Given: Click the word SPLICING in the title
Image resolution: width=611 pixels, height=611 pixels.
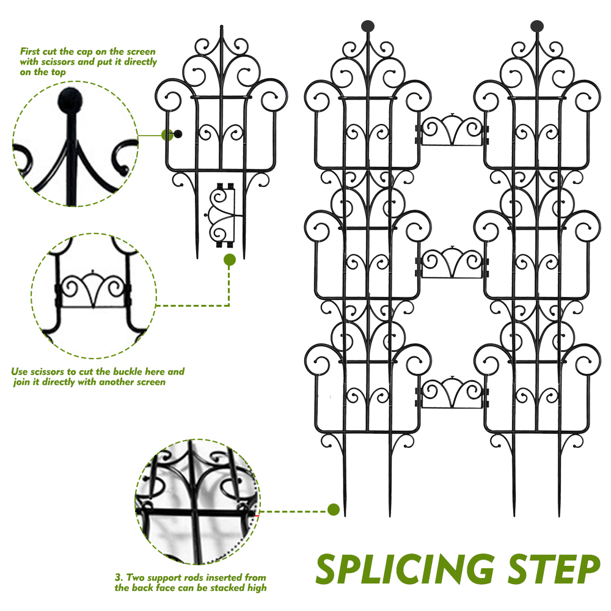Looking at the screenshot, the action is pos(405,569).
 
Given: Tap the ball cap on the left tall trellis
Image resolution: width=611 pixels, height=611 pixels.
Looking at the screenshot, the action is pos(368,26).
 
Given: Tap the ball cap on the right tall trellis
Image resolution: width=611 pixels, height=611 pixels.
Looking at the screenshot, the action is pos(537,26).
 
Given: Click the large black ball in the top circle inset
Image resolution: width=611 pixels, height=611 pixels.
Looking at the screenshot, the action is pos(70,100).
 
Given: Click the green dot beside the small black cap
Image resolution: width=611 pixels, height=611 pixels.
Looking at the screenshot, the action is pos(167,135).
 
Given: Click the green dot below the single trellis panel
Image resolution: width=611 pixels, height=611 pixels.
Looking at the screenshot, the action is pos(230,260).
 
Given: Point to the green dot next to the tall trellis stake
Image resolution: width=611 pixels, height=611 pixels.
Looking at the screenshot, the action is pos(334,510).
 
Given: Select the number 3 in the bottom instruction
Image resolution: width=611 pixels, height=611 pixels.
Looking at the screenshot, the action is pos(119,577).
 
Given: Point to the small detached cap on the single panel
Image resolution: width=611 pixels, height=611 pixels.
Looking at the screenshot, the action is pos(178,134).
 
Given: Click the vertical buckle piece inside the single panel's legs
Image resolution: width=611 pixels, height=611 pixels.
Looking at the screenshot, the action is pos(221,215).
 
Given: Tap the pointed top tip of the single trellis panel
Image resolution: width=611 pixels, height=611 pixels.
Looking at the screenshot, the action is pos(222,26).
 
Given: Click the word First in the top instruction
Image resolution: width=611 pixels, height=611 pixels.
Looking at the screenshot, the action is pos(30,51).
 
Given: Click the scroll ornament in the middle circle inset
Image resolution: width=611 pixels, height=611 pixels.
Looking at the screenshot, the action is pos(93,289).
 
